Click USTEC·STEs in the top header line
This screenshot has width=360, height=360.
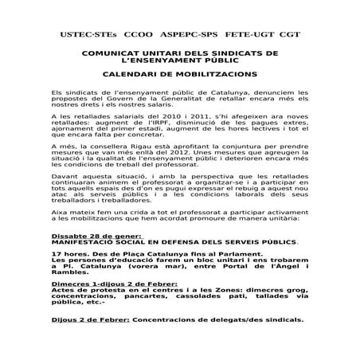click(88, 37)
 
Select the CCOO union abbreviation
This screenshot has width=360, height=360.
click(140, 37)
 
